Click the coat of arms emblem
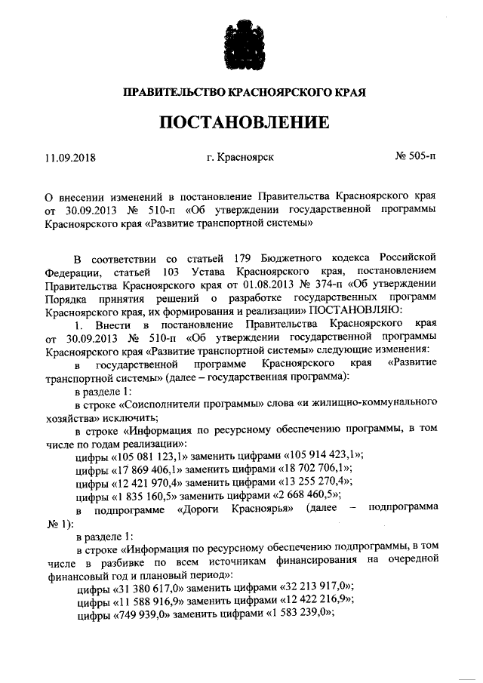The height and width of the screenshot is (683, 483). pos(241,46)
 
